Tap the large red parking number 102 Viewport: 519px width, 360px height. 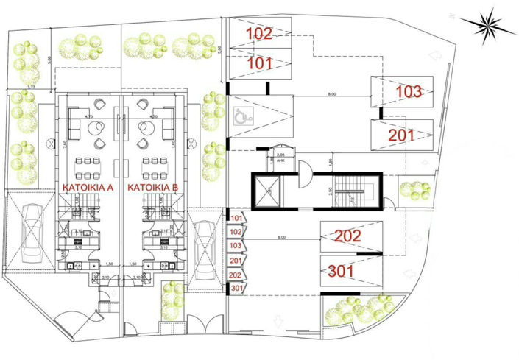tap(258, 33)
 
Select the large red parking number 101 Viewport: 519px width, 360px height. tap(259, 63)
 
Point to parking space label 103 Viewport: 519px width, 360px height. tap(409, 92)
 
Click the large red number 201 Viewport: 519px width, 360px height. tap(401, 135)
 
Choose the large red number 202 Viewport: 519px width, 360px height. tap(347, 236)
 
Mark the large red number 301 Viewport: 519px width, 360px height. tap(341, 271)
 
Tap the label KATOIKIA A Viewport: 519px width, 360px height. tap(87, 188)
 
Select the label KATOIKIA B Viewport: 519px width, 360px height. tap(153, 188)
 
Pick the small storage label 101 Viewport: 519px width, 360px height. tap(236, 219)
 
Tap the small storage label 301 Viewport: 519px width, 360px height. tap(236, 288)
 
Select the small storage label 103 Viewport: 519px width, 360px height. tap(236, 246)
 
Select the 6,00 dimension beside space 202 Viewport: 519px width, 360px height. tap(282, 238)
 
